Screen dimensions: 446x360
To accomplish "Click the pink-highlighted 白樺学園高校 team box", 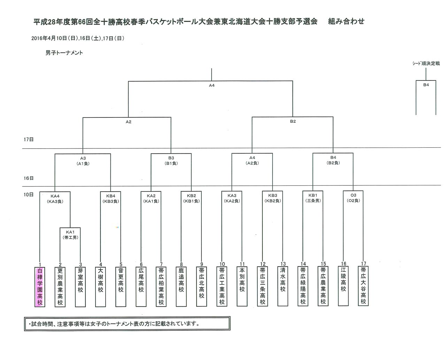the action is click(40, 286).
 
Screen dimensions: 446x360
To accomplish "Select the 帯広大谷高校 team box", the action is click(363, 286).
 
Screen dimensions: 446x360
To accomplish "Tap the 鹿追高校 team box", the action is click(181, 286).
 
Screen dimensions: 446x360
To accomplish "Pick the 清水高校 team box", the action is click(283, 286).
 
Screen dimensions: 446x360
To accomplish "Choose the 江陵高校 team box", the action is click(343, 286).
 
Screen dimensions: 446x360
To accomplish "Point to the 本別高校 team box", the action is click(242, 286).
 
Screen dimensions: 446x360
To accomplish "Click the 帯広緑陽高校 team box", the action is click(303, 286).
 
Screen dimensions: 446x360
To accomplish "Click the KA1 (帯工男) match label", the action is click(70, 235).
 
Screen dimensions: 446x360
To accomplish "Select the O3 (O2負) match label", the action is click(353, 198).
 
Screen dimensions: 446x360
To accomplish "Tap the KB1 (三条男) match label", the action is click(313, 198).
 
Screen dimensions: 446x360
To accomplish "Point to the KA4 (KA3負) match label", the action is click(55, 199).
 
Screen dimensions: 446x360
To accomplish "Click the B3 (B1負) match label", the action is click(171, 161).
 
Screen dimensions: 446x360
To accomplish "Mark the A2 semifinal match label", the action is click(128, 122).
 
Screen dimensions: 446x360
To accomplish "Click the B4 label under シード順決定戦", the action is click(426, 85).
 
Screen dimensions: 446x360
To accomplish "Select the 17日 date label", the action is click(29, 139).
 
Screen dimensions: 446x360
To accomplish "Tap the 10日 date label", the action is click(29, 194).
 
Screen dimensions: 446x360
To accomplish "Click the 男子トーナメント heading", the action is click(64, 53).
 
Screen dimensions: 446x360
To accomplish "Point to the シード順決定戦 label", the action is click(426, 63).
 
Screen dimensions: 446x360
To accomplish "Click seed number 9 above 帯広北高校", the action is click(202, 264).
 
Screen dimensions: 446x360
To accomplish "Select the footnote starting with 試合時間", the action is click(115, 324).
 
